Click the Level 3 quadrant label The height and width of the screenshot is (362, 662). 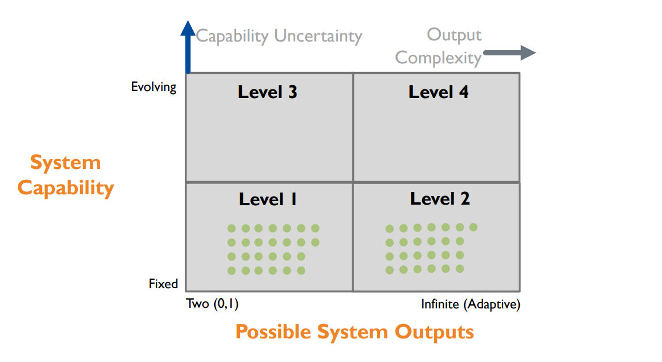tap(267, 92)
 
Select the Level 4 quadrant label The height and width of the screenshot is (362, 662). tap(438, 92)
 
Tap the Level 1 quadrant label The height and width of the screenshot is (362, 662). tap(268, 199)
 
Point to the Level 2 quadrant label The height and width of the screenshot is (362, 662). tap(440, 199)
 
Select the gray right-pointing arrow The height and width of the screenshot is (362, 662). tap(509, 53)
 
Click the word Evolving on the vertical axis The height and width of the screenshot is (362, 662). tap(154, 87)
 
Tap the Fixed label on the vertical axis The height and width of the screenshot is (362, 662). tap(163, 284)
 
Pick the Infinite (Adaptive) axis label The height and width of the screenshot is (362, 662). tap(470, 304)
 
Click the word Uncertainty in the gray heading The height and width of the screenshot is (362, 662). tap(318, 36)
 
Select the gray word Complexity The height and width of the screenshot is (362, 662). tap(438, 58)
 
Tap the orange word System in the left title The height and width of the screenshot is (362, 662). tap(65, 163)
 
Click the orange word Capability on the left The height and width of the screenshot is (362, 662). tap(66, 188)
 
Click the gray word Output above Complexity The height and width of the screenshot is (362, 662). tap(454, 35)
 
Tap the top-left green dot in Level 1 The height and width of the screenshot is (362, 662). tap(231, 228)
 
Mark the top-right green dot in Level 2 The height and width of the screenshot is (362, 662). tap(474, 227)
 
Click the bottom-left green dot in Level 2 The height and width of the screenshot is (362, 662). tap(390, 270)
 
